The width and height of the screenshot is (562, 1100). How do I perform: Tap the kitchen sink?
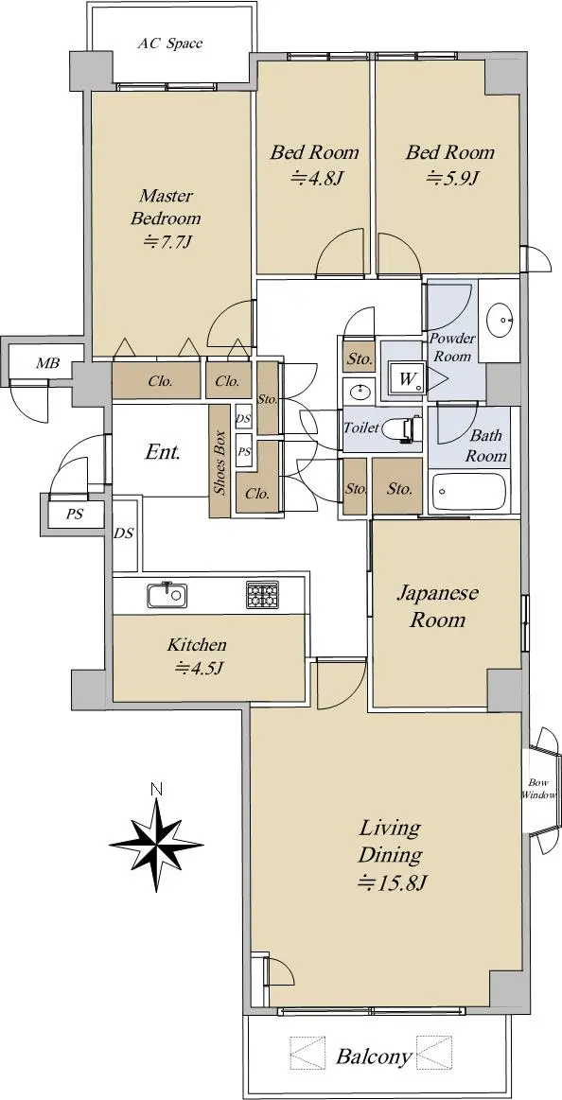(x=167, y=596)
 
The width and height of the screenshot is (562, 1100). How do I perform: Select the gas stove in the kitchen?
(x=262, y=594)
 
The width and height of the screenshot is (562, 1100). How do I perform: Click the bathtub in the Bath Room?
(x=468, y=492)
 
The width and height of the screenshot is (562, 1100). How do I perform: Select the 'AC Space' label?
(x=169, y=44)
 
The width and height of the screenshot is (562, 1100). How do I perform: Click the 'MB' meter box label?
(x=47, y=363)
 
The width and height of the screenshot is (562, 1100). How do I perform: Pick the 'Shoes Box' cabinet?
(x=220, y=462)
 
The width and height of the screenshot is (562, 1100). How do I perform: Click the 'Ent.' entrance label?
(x=163, y=452)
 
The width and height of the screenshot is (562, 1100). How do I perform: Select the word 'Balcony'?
(x=374, y=1057)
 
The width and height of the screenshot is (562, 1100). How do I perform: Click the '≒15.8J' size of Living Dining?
(x=393, y=878)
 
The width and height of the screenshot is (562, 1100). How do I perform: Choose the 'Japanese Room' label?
(x=438, y=606)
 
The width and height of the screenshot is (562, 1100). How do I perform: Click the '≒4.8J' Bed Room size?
(x=316, y=178)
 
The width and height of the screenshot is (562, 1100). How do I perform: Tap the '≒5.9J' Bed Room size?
(x=452, y=178)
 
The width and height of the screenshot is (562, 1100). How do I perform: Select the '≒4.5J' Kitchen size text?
(x=199, y=668)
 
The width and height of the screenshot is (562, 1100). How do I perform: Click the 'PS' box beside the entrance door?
(x=75, y=515)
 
